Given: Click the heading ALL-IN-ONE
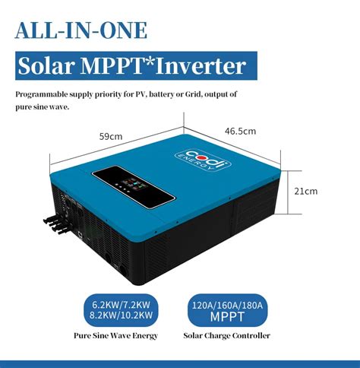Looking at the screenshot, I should click(81, 31).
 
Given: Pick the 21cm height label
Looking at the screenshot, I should click(306, 191).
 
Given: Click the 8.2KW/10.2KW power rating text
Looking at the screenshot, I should click(118, 314).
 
